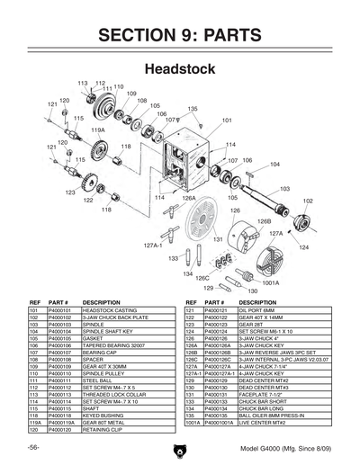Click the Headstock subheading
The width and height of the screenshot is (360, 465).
[x=179, y=68]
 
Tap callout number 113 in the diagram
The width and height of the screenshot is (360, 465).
[x=83, y=82]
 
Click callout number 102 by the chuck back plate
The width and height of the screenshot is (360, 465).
[x=308, y=201]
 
